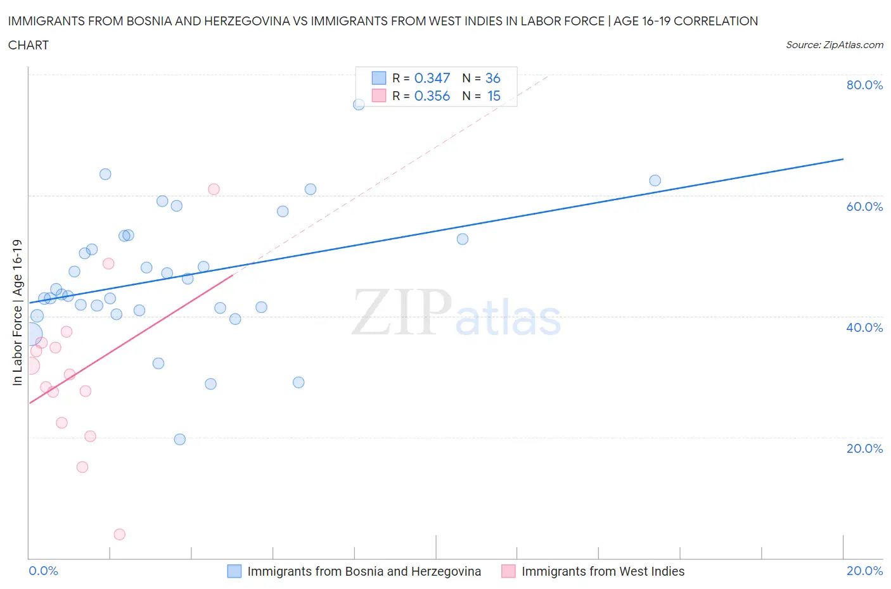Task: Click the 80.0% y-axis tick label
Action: [864, 85]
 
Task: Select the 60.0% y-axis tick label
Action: [864, 206]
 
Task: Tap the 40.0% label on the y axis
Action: [864, 327]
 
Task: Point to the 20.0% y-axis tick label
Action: [864, 448]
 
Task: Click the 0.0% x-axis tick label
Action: [43, 571]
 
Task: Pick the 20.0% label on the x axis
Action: [864, 571]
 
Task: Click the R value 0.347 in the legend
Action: [432, 78]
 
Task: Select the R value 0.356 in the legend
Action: [432, 96]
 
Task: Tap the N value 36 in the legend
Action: [492, 78]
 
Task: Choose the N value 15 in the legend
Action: [494, 96]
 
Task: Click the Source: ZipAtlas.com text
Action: [834, 45]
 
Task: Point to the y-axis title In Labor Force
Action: [17, 312]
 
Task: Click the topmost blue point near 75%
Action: [359, 104]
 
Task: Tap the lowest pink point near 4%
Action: [119, 535]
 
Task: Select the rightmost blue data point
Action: [655, 180]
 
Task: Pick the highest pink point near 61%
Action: [214, 189]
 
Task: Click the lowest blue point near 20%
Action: [179, 440]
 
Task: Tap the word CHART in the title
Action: [29, 45]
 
